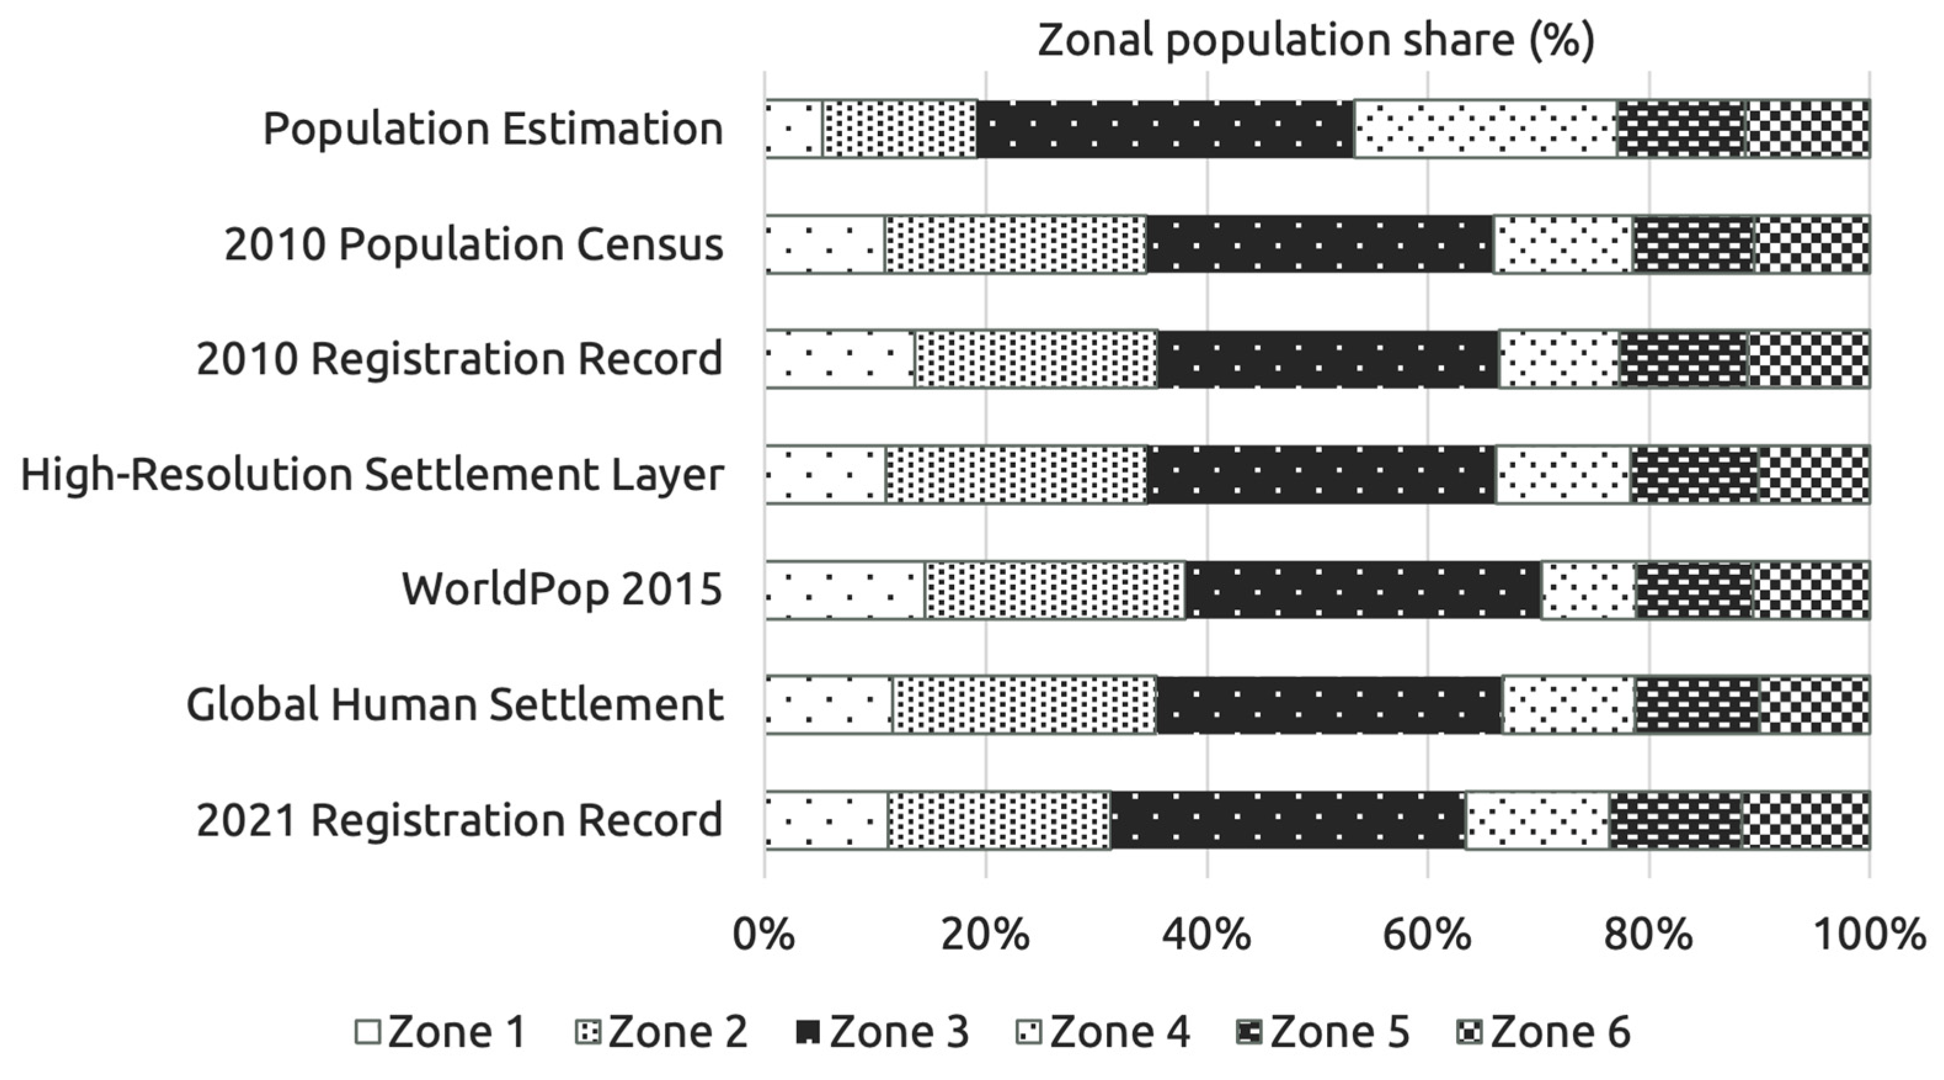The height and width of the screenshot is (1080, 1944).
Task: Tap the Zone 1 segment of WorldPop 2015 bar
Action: (845, 590)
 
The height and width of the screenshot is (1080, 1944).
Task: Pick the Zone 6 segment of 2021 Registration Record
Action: (1806, 820)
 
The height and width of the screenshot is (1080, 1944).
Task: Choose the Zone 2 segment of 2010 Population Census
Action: (1015, 244)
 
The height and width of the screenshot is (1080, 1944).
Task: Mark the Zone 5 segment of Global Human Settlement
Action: (1697, 704)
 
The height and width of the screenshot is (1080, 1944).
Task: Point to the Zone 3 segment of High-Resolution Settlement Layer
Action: (1321, 474)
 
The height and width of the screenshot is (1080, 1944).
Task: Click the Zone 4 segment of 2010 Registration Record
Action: (1558, 359)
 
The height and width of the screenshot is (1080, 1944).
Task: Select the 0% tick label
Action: (763, 934)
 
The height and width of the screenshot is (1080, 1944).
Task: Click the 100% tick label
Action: (1868, 934)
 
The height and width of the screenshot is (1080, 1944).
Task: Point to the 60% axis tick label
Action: (1427, 934)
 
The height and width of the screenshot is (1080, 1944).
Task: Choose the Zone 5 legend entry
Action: (1322, 1032)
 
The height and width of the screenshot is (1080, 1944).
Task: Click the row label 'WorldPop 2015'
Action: (562, 590)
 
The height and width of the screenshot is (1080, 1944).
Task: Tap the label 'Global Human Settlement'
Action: (454, 705)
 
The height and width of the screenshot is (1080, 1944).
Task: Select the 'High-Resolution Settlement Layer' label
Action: (372, 474)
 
